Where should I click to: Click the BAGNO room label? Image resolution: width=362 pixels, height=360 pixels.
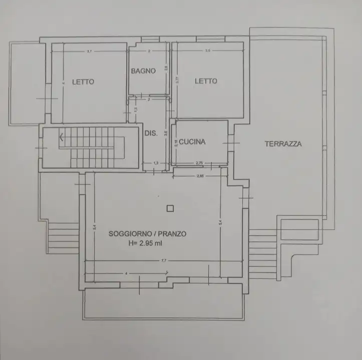click(x=143, y=71)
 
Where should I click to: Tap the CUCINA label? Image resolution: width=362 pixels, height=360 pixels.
click(x=192, y=142)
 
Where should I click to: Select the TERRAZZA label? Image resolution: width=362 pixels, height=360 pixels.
click(x=283, y=144)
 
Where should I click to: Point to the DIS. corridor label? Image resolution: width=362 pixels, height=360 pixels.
click(x=151, y=133)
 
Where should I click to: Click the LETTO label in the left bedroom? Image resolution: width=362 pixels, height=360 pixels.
click(x=83, y=82)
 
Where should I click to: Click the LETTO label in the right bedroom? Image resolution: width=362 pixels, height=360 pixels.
click(x=206, y=81)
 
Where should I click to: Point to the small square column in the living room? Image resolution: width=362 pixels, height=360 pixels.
click(x=170, y=208)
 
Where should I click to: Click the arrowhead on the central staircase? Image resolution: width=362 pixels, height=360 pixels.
click(x=61, y=135)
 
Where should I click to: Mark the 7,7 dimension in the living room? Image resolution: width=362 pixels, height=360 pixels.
click(x=163, y=260)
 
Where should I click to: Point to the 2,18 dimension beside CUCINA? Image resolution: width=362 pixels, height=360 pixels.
click(x=175, y=143)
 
